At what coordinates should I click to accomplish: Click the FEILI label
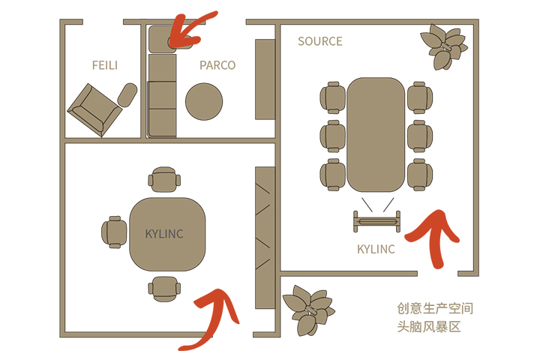tap(105, 65)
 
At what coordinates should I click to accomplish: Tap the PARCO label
tap(217, 65)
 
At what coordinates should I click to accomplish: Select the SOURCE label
tap(320, 41)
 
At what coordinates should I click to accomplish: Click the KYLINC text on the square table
tap(164, 234)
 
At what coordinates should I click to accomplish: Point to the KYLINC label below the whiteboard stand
tap(376, 249)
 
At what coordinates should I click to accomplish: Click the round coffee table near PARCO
tap(204, 102)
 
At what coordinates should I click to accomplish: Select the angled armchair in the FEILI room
tap(94, 110)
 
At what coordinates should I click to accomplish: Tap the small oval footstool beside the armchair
tap(127, 94)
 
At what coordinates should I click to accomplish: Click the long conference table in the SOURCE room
tap(376, 135)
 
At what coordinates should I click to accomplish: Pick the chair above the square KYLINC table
tap(164, 179)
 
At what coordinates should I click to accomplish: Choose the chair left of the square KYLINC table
tap(114, 232)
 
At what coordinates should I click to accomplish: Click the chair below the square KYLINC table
tap(164, 289)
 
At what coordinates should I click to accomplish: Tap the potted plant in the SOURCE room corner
tap(444, 46)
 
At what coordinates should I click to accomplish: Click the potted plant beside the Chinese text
tap(308, 310)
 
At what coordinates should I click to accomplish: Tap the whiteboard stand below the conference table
tap(377, 221)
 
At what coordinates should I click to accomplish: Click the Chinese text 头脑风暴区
tap(429, 326)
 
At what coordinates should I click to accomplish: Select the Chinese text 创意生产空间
tap(435, 308)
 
